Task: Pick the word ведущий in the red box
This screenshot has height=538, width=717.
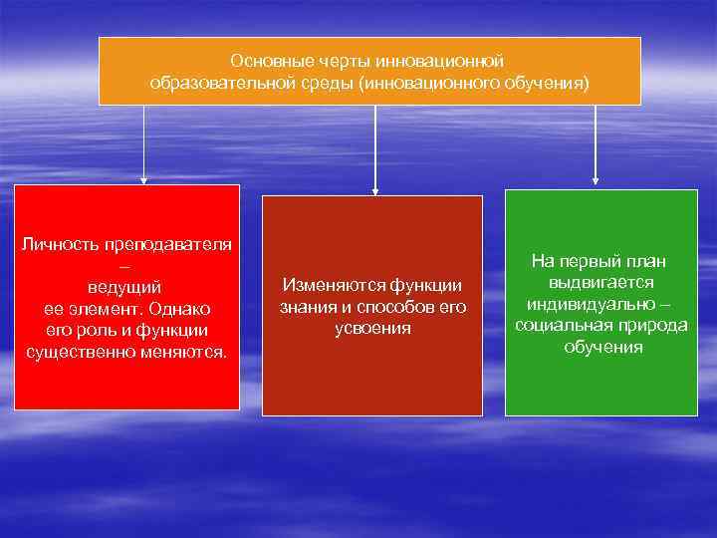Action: [x=125, y=288]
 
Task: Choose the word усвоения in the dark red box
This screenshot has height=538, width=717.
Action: [x=371, y=328]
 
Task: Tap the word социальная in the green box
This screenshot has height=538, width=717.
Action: [x=559, y=326]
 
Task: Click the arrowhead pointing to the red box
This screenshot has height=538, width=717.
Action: [x=143, y=180]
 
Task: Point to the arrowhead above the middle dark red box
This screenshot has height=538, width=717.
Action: [x=374, y=189]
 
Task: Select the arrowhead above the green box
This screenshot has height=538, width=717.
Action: [x=596, y=181]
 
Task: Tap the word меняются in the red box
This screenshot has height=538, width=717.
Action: [x=189, y=351]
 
